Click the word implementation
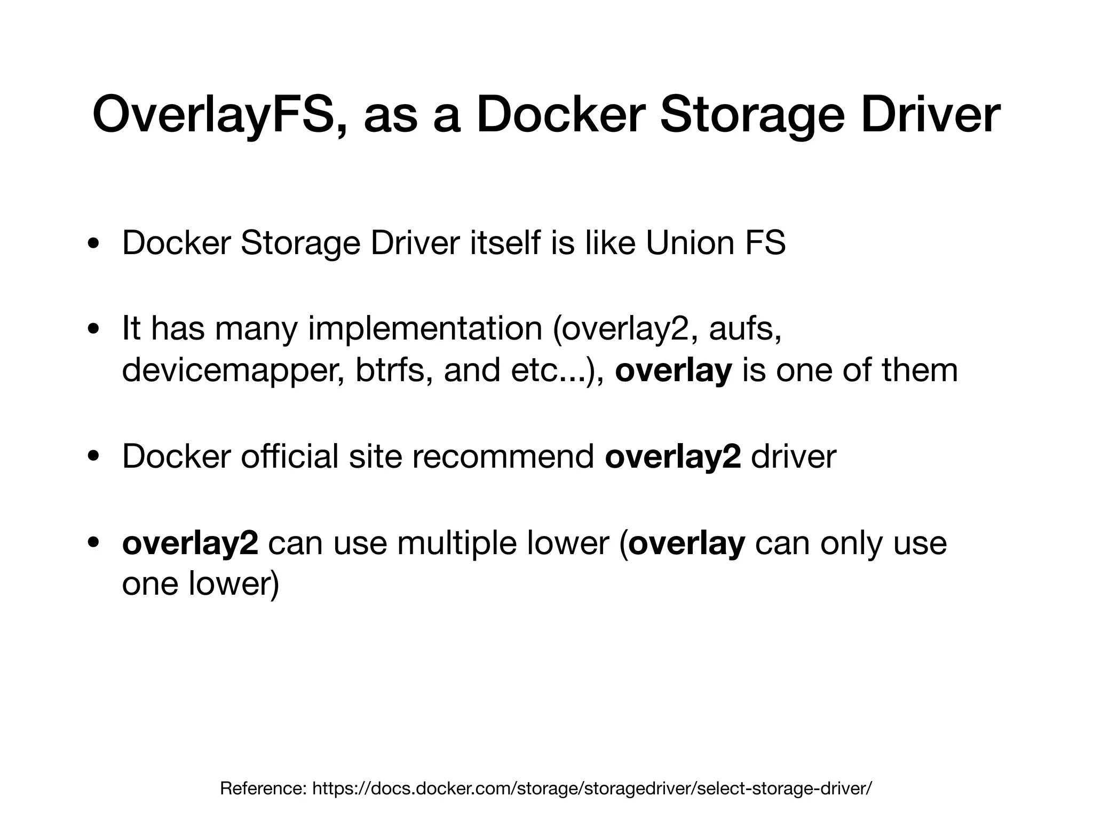(425, 329)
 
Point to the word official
(290, 457)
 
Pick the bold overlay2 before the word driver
(673, 458)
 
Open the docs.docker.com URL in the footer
(592, 789)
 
